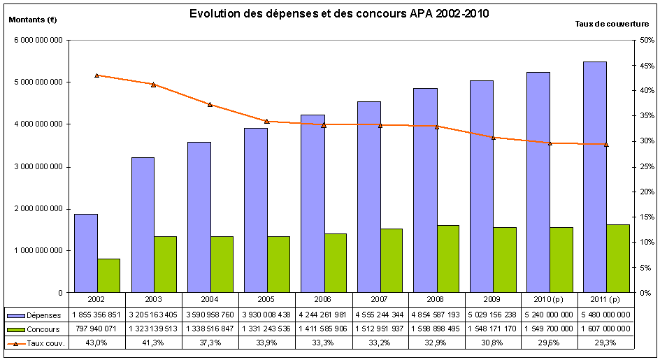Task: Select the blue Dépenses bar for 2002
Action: [85, 253]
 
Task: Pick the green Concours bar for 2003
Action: [165, 264]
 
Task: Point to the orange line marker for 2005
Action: [266, 121]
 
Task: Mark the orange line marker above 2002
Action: [96, 75]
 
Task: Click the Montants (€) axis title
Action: [32, 20]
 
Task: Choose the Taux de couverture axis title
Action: [612, 23]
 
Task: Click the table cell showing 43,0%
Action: [96, 343]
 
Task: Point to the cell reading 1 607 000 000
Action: [606, 329]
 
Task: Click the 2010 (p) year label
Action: [550, 298]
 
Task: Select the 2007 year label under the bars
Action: [380, 298]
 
